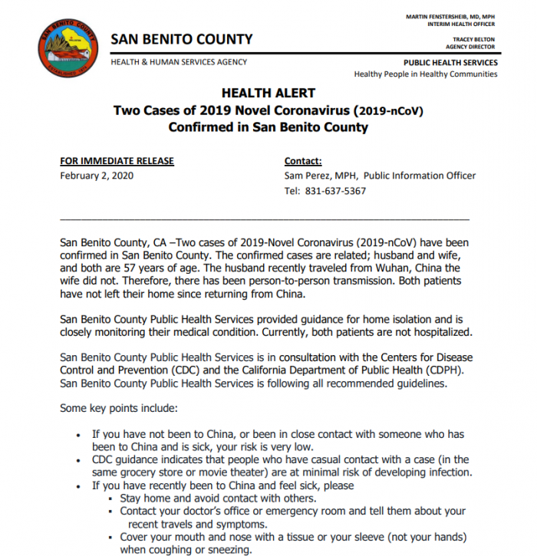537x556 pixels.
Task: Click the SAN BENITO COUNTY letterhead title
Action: [182, 39]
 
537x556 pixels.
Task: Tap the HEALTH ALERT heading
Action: [268, 94]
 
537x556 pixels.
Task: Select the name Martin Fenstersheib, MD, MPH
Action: [451, 16]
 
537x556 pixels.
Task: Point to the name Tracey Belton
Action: [474, 39]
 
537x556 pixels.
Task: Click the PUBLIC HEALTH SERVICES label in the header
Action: [450, 63]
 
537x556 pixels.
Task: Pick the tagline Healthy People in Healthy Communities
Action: [425, 74]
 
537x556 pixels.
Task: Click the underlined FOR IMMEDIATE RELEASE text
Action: [117, 161]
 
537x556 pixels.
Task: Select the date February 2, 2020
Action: [97, 176]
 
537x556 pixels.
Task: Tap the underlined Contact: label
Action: [303, 161]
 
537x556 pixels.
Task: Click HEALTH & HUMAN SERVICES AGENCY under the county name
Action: [179, 62]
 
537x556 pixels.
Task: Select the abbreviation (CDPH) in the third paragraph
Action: [447, 370]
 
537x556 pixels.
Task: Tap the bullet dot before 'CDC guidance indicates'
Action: [81, 460]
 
